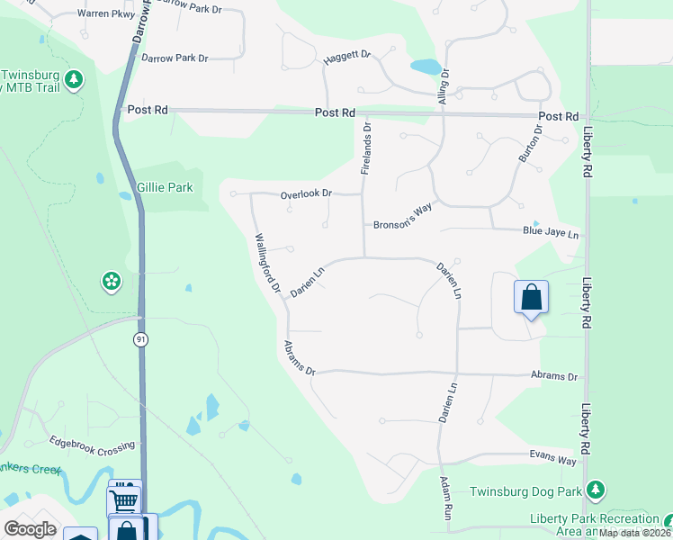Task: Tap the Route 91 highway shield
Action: tap(140, 338)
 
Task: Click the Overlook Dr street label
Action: tap(306, 193)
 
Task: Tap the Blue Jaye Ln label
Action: tap(551, 232)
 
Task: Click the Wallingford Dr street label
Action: tap(268, 265)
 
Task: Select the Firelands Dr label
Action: tap(366, 149)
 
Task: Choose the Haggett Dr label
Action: tap(347, 56)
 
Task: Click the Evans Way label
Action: tap(552, 460)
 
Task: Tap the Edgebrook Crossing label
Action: tap(93, 445)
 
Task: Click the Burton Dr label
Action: tap(530, 143)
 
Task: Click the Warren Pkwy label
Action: tap(106, 14)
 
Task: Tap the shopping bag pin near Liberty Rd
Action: tap(531, 297)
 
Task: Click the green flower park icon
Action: tap(112, 283)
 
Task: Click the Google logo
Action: tap(31, 529)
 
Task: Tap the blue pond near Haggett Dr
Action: tap(426, 67)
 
